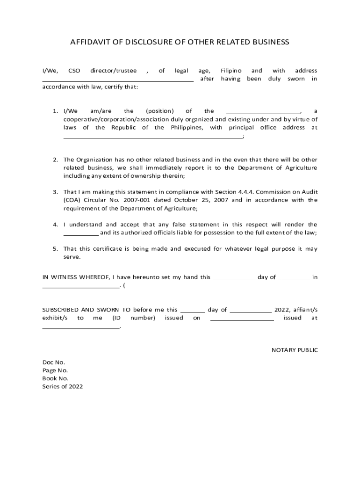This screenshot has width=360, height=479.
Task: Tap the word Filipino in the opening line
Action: point(231,71)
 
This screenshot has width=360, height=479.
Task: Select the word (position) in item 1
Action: point(160,111)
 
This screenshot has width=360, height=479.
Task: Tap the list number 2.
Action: point(55,160)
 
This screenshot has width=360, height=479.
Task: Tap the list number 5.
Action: point(55,249)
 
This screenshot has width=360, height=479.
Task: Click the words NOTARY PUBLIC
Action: point(295,350)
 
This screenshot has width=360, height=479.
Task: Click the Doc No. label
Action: point(54,362)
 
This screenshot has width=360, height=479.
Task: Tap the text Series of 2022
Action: point(63,386)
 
